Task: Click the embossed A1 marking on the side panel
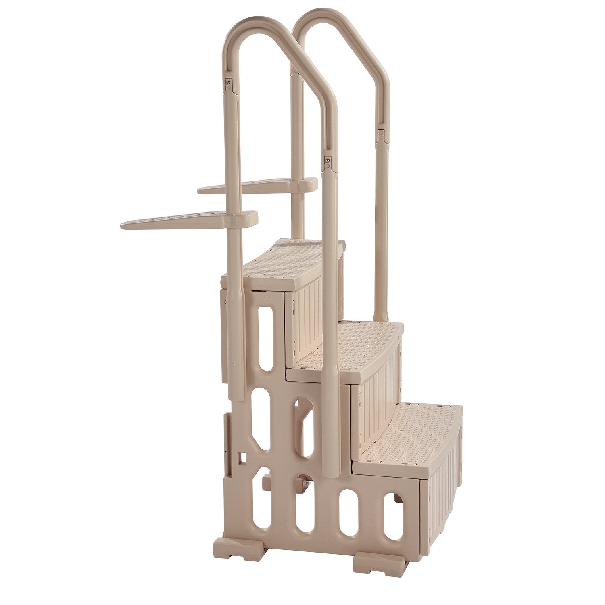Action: pyautogui.click(x=265, y=299)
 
